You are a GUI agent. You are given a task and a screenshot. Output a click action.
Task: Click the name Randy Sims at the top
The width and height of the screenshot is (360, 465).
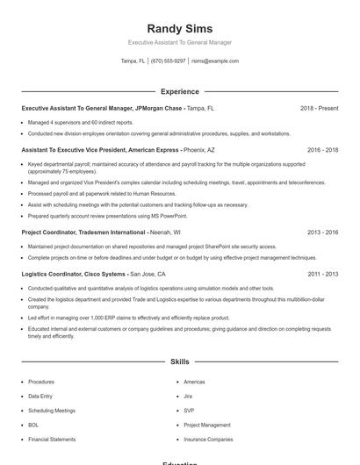(x=179, y=29)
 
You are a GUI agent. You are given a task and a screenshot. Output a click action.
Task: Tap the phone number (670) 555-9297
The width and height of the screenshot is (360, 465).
(x=168, y=61)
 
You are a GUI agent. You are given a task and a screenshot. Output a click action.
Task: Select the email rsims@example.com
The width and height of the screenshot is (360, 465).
(x=215, y=61)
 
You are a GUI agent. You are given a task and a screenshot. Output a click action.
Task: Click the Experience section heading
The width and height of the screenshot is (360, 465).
(x=179, y=91)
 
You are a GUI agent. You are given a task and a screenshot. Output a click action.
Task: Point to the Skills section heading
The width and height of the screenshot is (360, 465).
(x=179, y=361)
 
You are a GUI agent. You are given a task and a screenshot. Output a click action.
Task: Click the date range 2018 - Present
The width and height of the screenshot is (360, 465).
(x=319, y=109)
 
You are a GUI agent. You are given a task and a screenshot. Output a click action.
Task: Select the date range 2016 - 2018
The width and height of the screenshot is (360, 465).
(x=320, y=150)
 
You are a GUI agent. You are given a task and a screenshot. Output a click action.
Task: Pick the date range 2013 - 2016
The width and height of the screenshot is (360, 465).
(x=322, y=232)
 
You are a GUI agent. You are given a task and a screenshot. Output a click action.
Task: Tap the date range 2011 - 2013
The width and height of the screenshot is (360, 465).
(x=322, y=274)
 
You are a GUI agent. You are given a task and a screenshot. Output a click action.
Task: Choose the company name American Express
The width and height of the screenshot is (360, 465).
(x=152, y=150)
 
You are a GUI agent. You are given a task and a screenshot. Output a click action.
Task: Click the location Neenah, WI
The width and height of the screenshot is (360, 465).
(x=165, y=232)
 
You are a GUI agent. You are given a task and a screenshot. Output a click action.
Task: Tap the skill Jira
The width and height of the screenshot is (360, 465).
(x=189, y=397)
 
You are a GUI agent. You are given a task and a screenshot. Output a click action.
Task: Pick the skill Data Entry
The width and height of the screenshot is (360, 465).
(x=40, y=397)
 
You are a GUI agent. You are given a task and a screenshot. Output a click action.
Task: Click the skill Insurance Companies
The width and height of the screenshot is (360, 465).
(x=208, y=439)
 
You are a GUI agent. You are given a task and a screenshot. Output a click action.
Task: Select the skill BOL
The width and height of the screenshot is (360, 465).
(x=34, y=425)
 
